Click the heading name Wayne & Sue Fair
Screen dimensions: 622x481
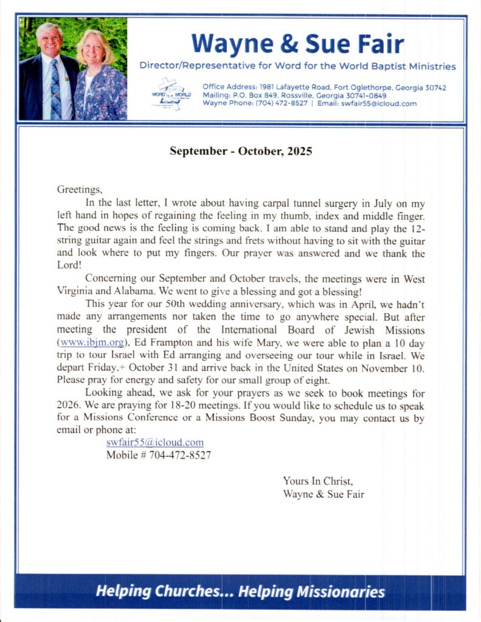pos(297,44)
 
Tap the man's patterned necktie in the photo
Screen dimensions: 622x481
pos(55,89)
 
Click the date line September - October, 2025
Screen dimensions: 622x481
pos(241,151)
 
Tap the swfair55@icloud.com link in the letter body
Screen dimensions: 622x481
pos(154,443)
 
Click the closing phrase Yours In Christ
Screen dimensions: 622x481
pos(317,481)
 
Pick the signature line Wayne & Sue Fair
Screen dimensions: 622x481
pos(324,494)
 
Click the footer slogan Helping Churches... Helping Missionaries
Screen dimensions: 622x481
pos(240,592)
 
